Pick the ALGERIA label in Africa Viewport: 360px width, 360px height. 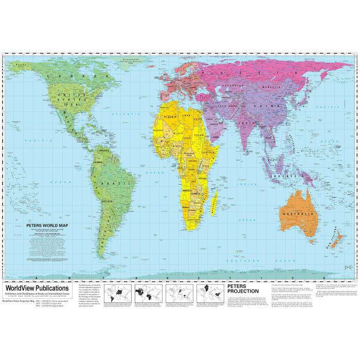tap(170, 116)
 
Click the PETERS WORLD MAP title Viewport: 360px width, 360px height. tap(48, 225)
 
